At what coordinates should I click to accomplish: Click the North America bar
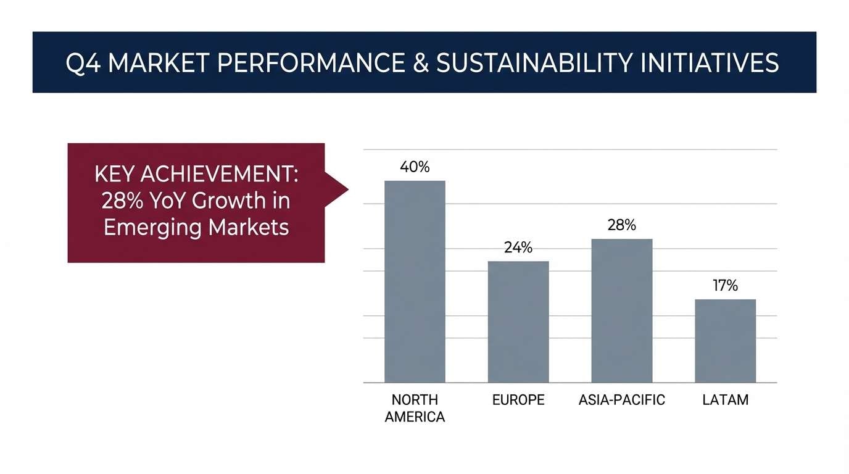pos(415,281)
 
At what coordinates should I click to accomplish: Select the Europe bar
pos(518,322)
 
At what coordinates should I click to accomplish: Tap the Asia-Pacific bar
pos(621,310)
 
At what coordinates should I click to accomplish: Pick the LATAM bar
pos(725,341)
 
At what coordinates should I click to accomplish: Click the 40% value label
pos(415,167)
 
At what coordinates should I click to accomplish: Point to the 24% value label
pos(518,247)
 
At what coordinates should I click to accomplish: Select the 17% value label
pos(725,286)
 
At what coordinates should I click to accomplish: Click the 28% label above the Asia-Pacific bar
pos(621,225)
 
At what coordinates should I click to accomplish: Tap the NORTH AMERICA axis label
pos(415,408)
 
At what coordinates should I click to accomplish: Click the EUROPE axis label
pos(518,400)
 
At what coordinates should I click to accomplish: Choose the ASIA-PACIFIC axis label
pos(622,400)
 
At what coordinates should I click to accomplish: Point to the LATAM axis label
pos(725,400)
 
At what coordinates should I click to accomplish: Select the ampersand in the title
pos(421,64)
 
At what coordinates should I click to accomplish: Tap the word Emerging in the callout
pos(152,227)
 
